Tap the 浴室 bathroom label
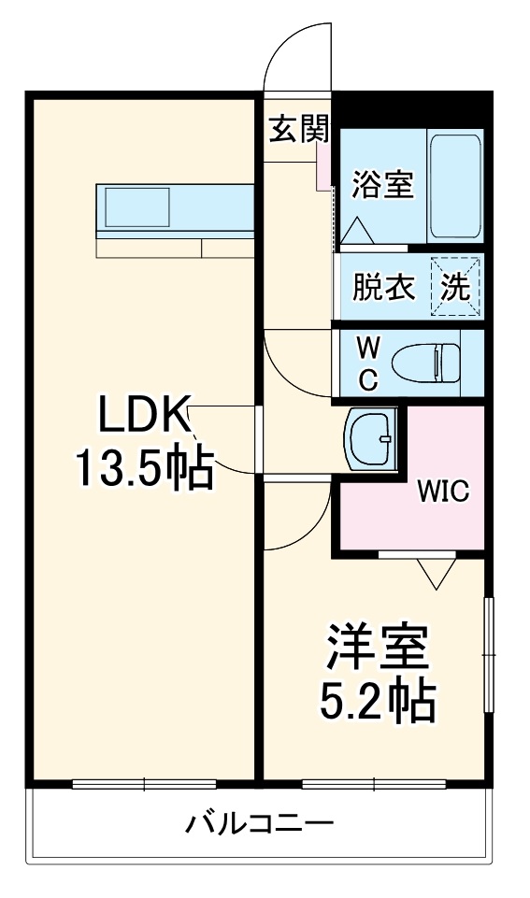(381, 185)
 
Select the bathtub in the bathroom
(454, 185)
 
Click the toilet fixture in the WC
(426, 363)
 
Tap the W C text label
(369, 363)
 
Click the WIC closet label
(442, 492)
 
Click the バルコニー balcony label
(259, 824)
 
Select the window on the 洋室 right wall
(486, 655)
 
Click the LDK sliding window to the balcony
(144, 783)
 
